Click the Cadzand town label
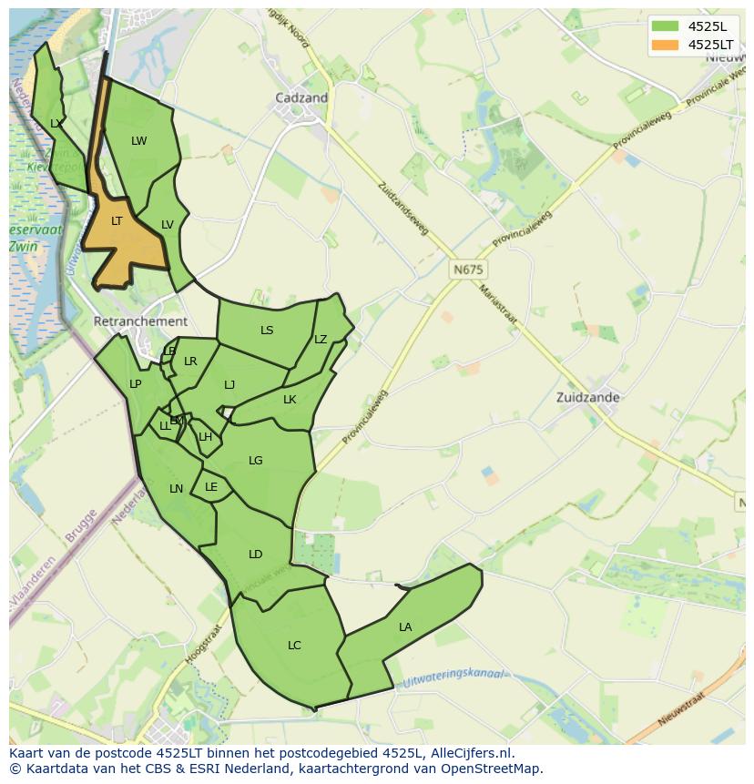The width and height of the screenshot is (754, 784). (301, 97)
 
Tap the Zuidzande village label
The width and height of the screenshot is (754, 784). (587, 397)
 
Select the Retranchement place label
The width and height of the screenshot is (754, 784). (140, 321)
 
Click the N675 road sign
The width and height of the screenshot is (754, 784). (468, 270)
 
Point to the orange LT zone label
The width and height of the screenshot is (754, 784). (117, 221)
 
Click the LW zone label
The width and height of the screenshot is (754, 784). (138, 141)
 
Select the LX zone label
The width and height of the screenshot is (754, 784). (56, 124)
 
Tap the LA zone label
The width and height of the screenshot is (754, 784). (405, 627)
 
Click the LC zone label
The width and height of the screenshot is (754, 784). (294, 646)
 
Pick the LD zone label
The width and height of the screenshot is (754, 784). (255, 555)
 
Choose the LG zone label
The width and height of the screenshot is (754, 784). (255, 461)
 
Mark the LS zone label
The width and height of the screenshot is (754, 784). (267, 331)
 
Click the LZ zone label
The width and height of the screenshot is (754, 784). (321, 340)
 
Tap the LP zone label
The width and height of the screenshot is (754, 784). (135, 384)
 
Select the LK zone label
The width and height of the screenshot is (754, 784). (290, 400)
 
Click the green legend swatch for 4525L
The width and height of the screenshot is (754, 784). (665, 25)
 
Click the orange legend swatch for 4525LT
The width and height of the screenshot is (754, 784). (665, 44)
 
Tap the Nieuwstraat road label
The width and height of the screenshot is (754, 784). (681, 708)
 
